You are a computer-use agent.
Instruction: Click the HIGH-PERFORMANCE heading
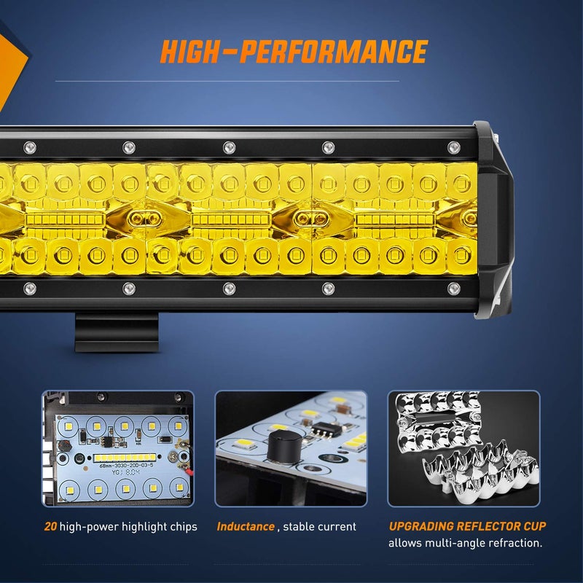pyautogui.click(x=293, y=52)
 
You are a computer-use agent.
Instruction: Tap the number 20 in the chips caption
pyautogui.click(x=50, y=526)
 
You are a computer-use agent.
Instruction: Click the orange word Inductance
pyautogui.click(x=245, y=526)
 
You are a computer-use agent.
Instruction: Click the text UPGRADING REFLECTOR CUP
pyautogui.click(x=466, y=526)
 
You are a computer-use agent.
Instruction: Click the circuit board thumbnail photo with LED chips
pyautogui.click(x=118, y=448)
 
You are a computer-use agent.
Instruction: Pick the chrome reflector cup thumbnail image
pyautogui.click(x=463, y=448)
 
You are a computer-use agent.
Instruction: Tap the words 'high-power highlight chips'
pyautogui.click(x=130, y=526)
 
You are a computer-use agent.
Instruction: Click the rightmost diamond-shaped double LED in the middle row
pyautogui.click(x=469, y=218)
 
